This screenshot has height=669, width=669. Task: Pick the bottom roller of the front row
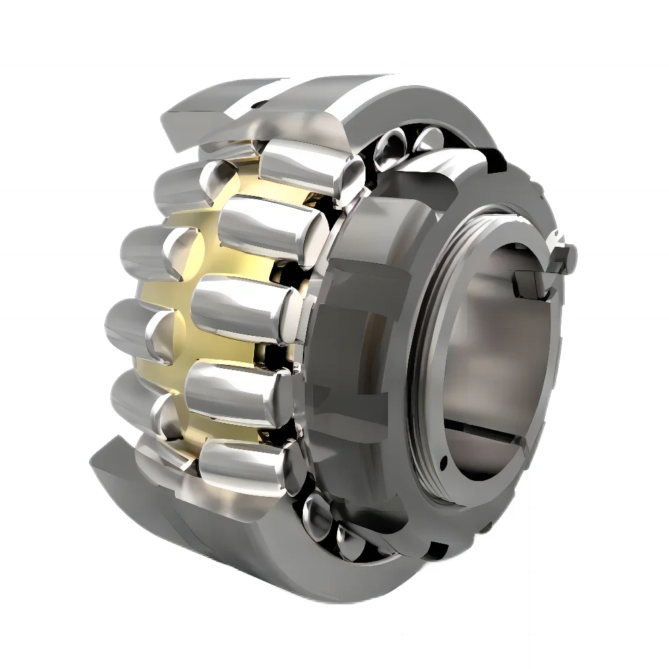pos(244,465)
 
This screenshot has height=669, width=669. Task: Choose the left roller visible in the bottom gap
pos(317,515)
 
